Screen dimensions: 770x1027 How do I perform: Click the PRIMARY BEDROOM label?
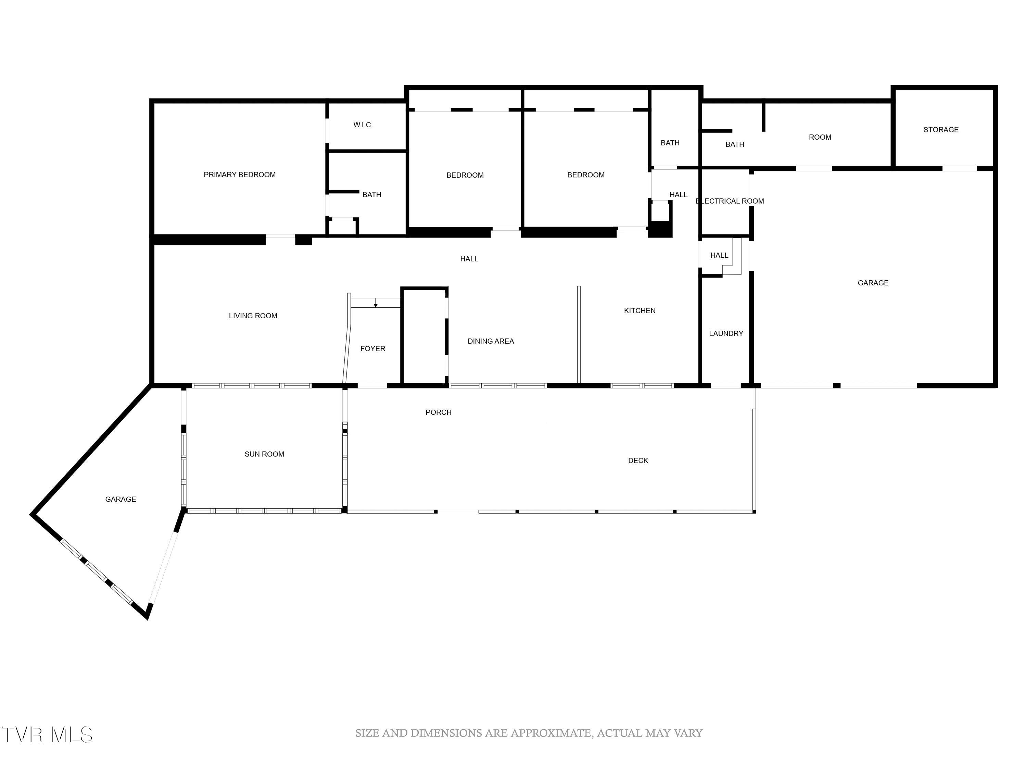(x=240, y=175)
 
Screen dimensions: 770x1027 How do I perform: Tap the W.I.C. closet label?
(x=363, y=125)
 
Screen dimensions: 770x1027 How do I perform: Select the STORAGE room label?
(x=941, y=129)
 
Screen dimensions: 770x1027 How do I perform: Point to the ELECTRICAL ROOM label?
(x=730, y=201)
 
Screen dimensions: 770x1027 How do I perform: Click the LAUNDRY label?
(x=726, y=333)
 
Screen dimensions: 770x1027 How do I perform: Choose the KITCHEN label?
(x=639, y=310)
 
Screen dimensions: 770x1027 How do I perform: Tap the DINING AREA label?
(x=490, y=341)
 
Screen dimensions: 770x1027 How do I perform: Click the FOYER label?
(x=372, y=349)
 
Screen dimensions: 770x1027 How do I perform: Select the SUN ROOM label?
(x=264, y=454)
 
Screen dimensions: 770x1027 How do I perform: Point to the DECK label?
(x=637, y=460)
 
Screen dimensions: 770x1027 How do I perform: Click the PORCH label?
(x=438, y=412)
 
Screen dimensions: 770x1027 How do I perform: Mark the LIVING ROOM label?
(x=253, y=316)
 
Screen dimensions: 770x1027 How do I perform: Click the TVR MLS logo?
(x=47, y=735)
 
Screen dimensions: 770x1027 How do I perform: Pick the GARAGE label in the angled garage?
(x=120, y=499)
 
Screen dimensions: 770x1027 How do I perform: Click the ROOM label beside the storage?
(x=820, y=137)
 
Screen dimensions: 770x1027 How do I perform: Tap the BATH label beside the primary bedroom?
(x=371, y=194)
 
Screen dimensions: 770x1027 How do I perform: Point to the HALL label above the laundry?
(x=719, y=255)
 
